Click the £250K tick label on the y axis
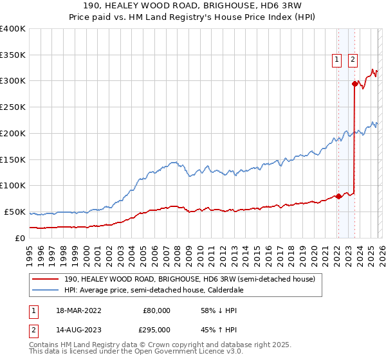tap(12, 107)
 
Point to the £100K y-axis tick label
tap(12, 186)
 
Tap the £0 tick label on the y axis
tap(20, 238)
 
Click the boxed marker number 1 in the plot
tap(336, 60)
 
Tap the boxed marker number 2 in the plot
tap(353, 60)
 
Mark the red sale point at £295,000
tap(354, 84)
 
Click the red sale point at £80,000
tap(338, 196)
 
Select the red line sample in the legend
tap(46, 280)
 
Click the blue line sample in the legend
tap(46, 290)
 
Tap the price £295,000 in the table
tap(156, 329)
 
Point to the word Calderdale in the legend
tap(226, 290)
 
